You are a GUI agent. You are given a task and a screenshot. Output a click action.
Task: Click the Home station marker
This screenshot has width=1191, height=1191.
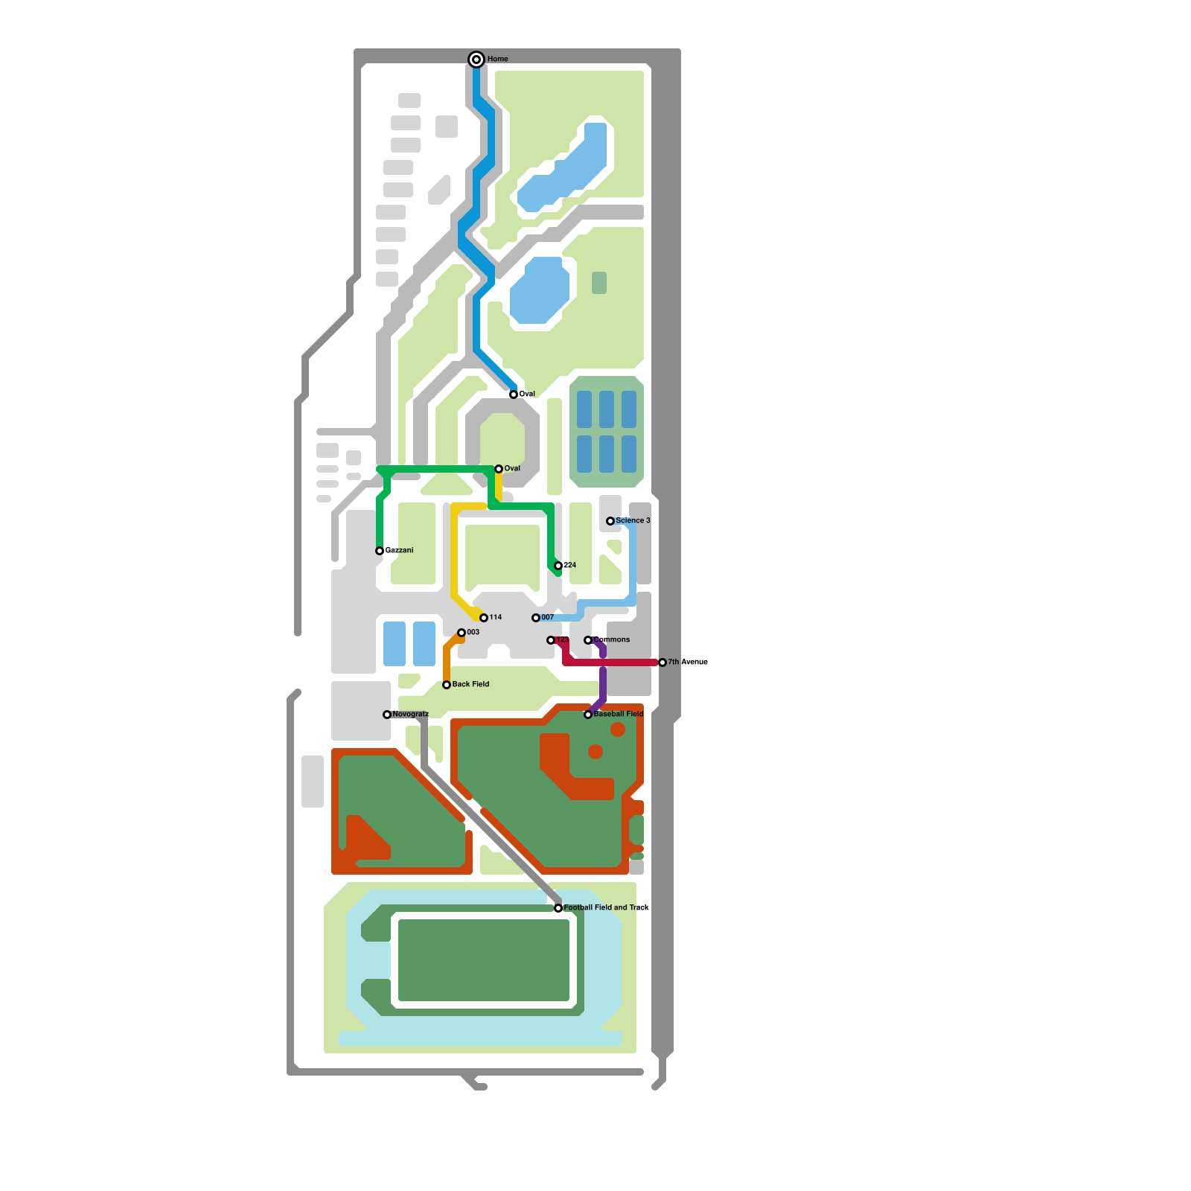pyautogui.click(x=476, y=60)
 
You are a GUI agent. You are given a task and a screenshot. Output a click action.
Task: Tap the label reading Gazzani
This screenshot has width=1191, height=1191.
pyautogui.click(x=400, y=550)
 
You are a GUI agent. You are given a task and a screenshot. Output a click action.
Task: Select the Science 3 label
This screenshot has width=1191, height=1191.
pyautogui.click(x=633, y=520)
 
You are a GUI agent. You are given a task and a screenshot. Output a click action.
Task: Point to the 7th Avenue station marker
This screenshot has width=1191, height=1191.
pyautogui.click(x=662, y=662)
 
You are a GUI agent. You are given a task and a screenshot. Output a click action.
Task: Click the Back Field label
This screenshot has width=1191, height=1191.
pyautogui.click(x=470, y=684)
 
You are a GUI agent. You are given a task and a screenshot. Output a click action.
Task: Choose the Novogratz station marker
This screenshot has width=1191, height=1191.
pyautogui.click(x=387, y=715)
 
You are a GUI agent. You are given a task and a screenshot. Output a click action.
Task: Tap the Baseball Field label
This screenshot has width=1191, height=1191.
pyautogui.click(x=618, y=714)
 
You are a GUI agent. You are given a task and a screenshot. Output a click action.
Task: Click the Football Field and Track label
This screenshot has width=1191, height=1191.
pyautogui.click(x=606, y=907)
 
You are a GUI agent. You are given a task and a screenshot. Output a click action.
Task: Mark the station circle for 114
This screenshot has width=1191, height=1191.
pyautogui.click(x=484, y=618)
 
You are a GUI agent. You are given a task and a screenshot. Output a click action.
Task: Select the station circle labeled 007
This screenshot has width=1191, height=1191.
pyautogui.click(x=536, y=618)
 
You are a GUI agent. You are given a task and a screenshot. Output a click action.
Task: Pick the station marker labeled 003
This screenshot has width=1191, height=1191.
pyautogui.click(x=462, y=633)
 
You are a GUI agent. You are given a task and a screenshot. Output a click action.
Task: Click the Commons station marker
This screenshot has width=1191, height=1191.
pyautogui.click(x=588, y=640)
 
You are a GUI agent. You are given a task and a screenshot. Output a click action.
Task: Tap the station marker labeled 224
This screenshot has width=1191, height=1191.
pyautogui.click(x=558, y=566)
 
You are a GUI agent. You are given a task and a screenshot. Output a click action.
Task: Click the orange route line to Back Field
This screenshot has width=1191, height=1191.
pyautogui.click(x=447, y=662)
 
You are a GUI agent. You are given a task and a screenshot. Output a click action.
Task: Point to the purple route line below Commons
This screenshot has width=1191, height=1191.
pyautogui.click(x=603, y=681)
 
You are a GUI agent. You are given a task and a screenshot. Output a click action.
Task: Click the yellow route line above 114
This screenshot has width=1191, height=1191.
pyautogui.click(x=454, y=551)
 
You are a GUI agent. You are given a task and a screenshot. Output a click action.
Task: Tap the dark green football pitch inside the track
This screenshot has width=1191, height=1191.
pyautogui.click(x=484, y=960)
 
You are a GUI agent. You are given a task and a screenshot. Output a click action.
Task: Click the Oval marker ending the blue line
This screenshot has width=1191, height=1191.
pyautogui.click(x=514, y=395)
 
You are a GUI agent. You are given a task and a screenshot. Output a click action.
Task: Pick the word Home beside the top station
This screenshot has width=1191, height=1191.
pyautogui.click(x=497, y=59)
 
